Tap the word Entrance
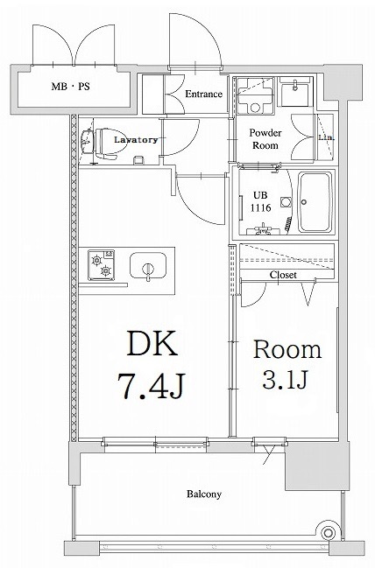tap(203, 95)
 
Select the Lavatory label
tap(135, 139)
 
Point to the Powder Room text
tap(264, 139)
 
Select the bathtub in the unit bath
tap(315, 202)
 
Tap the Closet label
tap(282, 275)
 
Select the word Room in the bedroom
tap(287, 351)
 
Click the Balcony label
tap(203, 494)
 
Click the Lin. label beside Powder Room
tap(325, 138)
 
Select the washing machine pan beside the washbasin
tap(258, 95)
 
